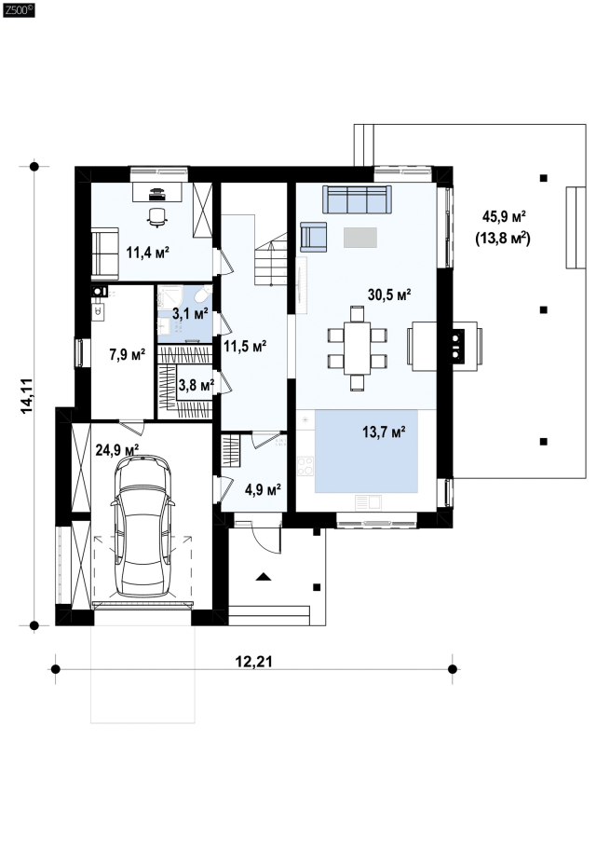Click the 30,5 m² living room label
[x=389, y=295]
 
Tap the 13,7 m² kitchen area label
[x=384, y=431]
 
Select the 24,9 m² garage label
[x=117, y=450]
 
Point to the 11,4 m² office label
[x=147, y=253]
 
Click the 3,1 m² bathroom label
[x=190, y=314]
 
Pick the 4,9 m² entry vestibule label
[x=263, y=489]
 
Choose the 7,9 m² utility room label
[x=128, y=354]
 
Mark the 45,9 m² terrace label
[x=504, y=216]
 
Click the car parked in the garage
[x=142, y=526]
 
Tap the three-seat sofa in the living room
[x=357, y=199]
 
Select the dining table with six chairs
[x=357, y=348]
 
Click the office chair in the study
[x=157, y=216]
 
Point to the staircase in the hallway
[x=271, y=258]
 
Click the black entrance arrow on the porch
[x=264, y=577]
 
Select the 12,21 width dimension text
[x=254, y=661]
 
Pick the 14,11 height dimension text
[x=27, y=396]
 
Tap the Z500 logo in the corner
[x=18, y=9]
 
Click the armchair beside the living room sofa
[x=313, y=237]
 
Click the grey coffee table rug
[x=360, y=238]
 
